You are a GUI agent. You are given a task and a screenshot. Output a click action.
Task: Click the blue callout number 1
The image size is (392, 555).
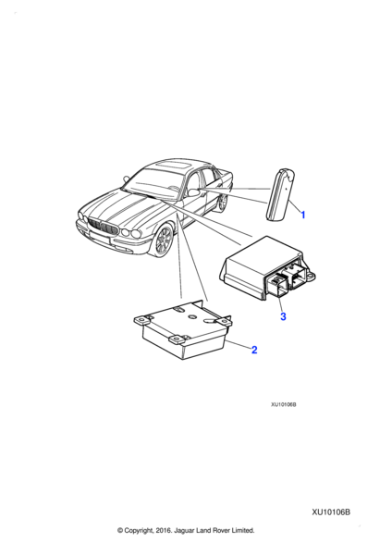coord(302,215)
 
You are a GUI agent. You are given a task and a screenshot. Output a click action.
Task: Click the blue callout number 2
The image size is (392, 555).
coord(254,350)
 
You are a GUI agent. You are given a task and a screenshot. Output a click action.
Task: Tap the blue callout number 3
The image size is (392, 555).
coord(283,316)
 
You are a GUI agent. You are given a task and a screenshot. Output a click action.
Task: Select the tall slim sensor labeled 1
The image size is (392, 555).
coord(280,194)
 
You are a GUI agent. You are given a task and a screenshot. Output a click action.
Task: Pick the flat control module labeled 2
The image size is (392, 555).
coord(182,329)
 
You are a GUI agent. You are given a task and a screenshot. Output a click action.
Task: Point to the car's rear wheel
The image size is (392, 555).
coord(223,202)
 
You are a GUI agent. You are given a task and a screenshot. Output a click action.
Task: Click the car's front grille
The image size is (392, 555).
coord(103,227)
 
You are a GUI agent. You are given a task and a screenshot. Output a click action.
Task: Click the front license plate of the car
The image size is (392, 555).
coord(100,237)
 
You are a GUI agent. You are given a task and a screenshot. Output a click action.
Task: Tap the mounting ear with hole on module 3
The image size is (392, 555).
coord(310,274)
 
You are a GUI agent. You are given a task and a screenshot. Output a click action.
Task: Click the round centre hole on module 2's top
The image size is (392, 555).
coord(193,316)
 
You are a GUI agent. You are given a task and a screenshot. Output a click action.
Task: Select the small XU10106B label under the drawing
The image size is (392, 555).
coord(284,404)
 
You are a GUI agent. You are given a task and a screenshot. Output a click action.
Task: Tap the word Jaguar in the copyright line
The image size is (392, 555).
coord(184,530)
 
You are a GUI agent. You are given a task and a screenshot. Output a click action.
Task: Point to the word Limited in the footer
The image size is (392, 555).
coord(243,530)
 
